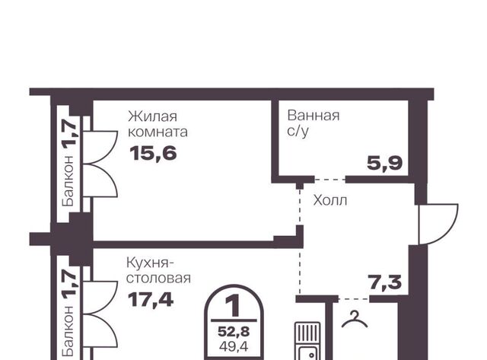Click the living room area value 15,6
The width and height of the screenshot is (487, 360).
153,154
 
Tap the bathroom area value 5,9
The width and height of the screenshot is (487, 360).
385,163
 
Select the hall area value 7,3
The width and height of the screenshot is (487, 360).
384,282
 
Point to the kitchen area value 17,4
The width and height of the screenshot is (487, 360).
151,300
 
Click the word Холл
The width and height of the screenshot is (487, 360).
329,200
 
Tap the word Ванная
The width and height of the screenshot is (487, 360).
314,116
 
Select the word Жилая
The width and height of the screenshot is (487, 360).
152,116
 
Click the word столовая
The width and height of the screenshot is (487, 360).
158,279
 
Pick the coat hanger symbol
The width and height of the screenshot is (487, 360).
355,320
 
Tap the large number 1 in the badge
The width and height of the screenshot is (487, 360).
234,306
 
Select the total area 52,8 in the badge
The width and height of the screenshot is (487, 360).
234,332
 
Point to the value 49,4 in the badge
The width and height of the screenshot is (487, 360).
234,346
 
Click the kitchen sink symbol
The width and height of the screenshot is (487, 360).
307,341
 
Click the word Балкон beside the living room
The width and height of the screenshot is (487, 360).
68,181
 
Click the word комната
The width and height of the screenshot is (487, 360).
158,132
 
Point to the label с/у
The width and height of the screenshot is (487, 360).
298,132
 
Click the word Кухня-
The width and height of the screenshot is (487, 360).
151,263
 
